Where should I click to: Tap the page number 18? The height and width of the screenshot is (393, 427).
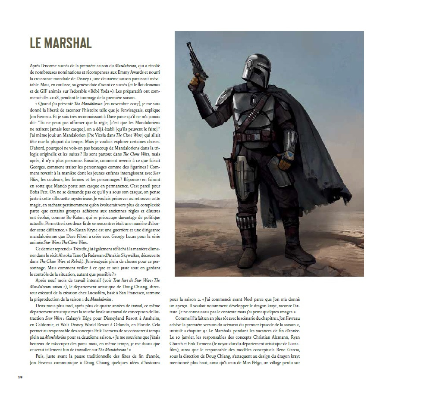20,377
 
